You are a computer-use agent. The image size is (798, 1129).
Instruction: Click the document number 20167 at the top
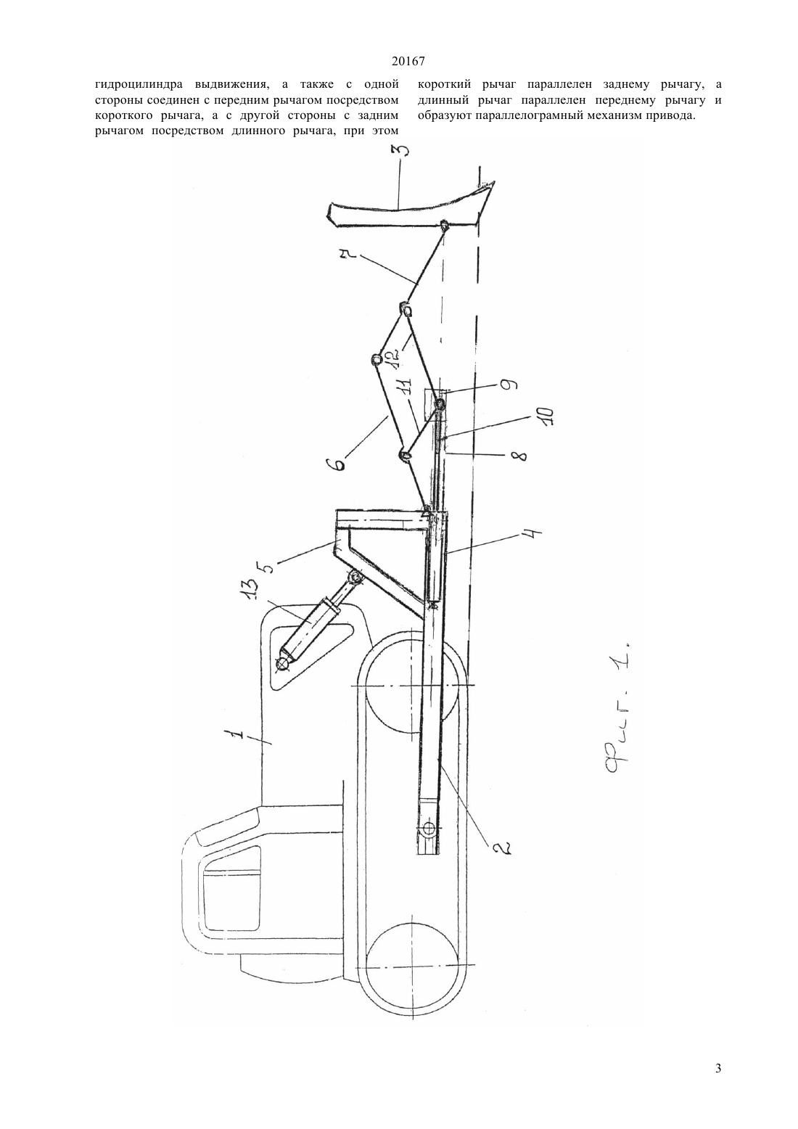(x=408, y=62)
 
